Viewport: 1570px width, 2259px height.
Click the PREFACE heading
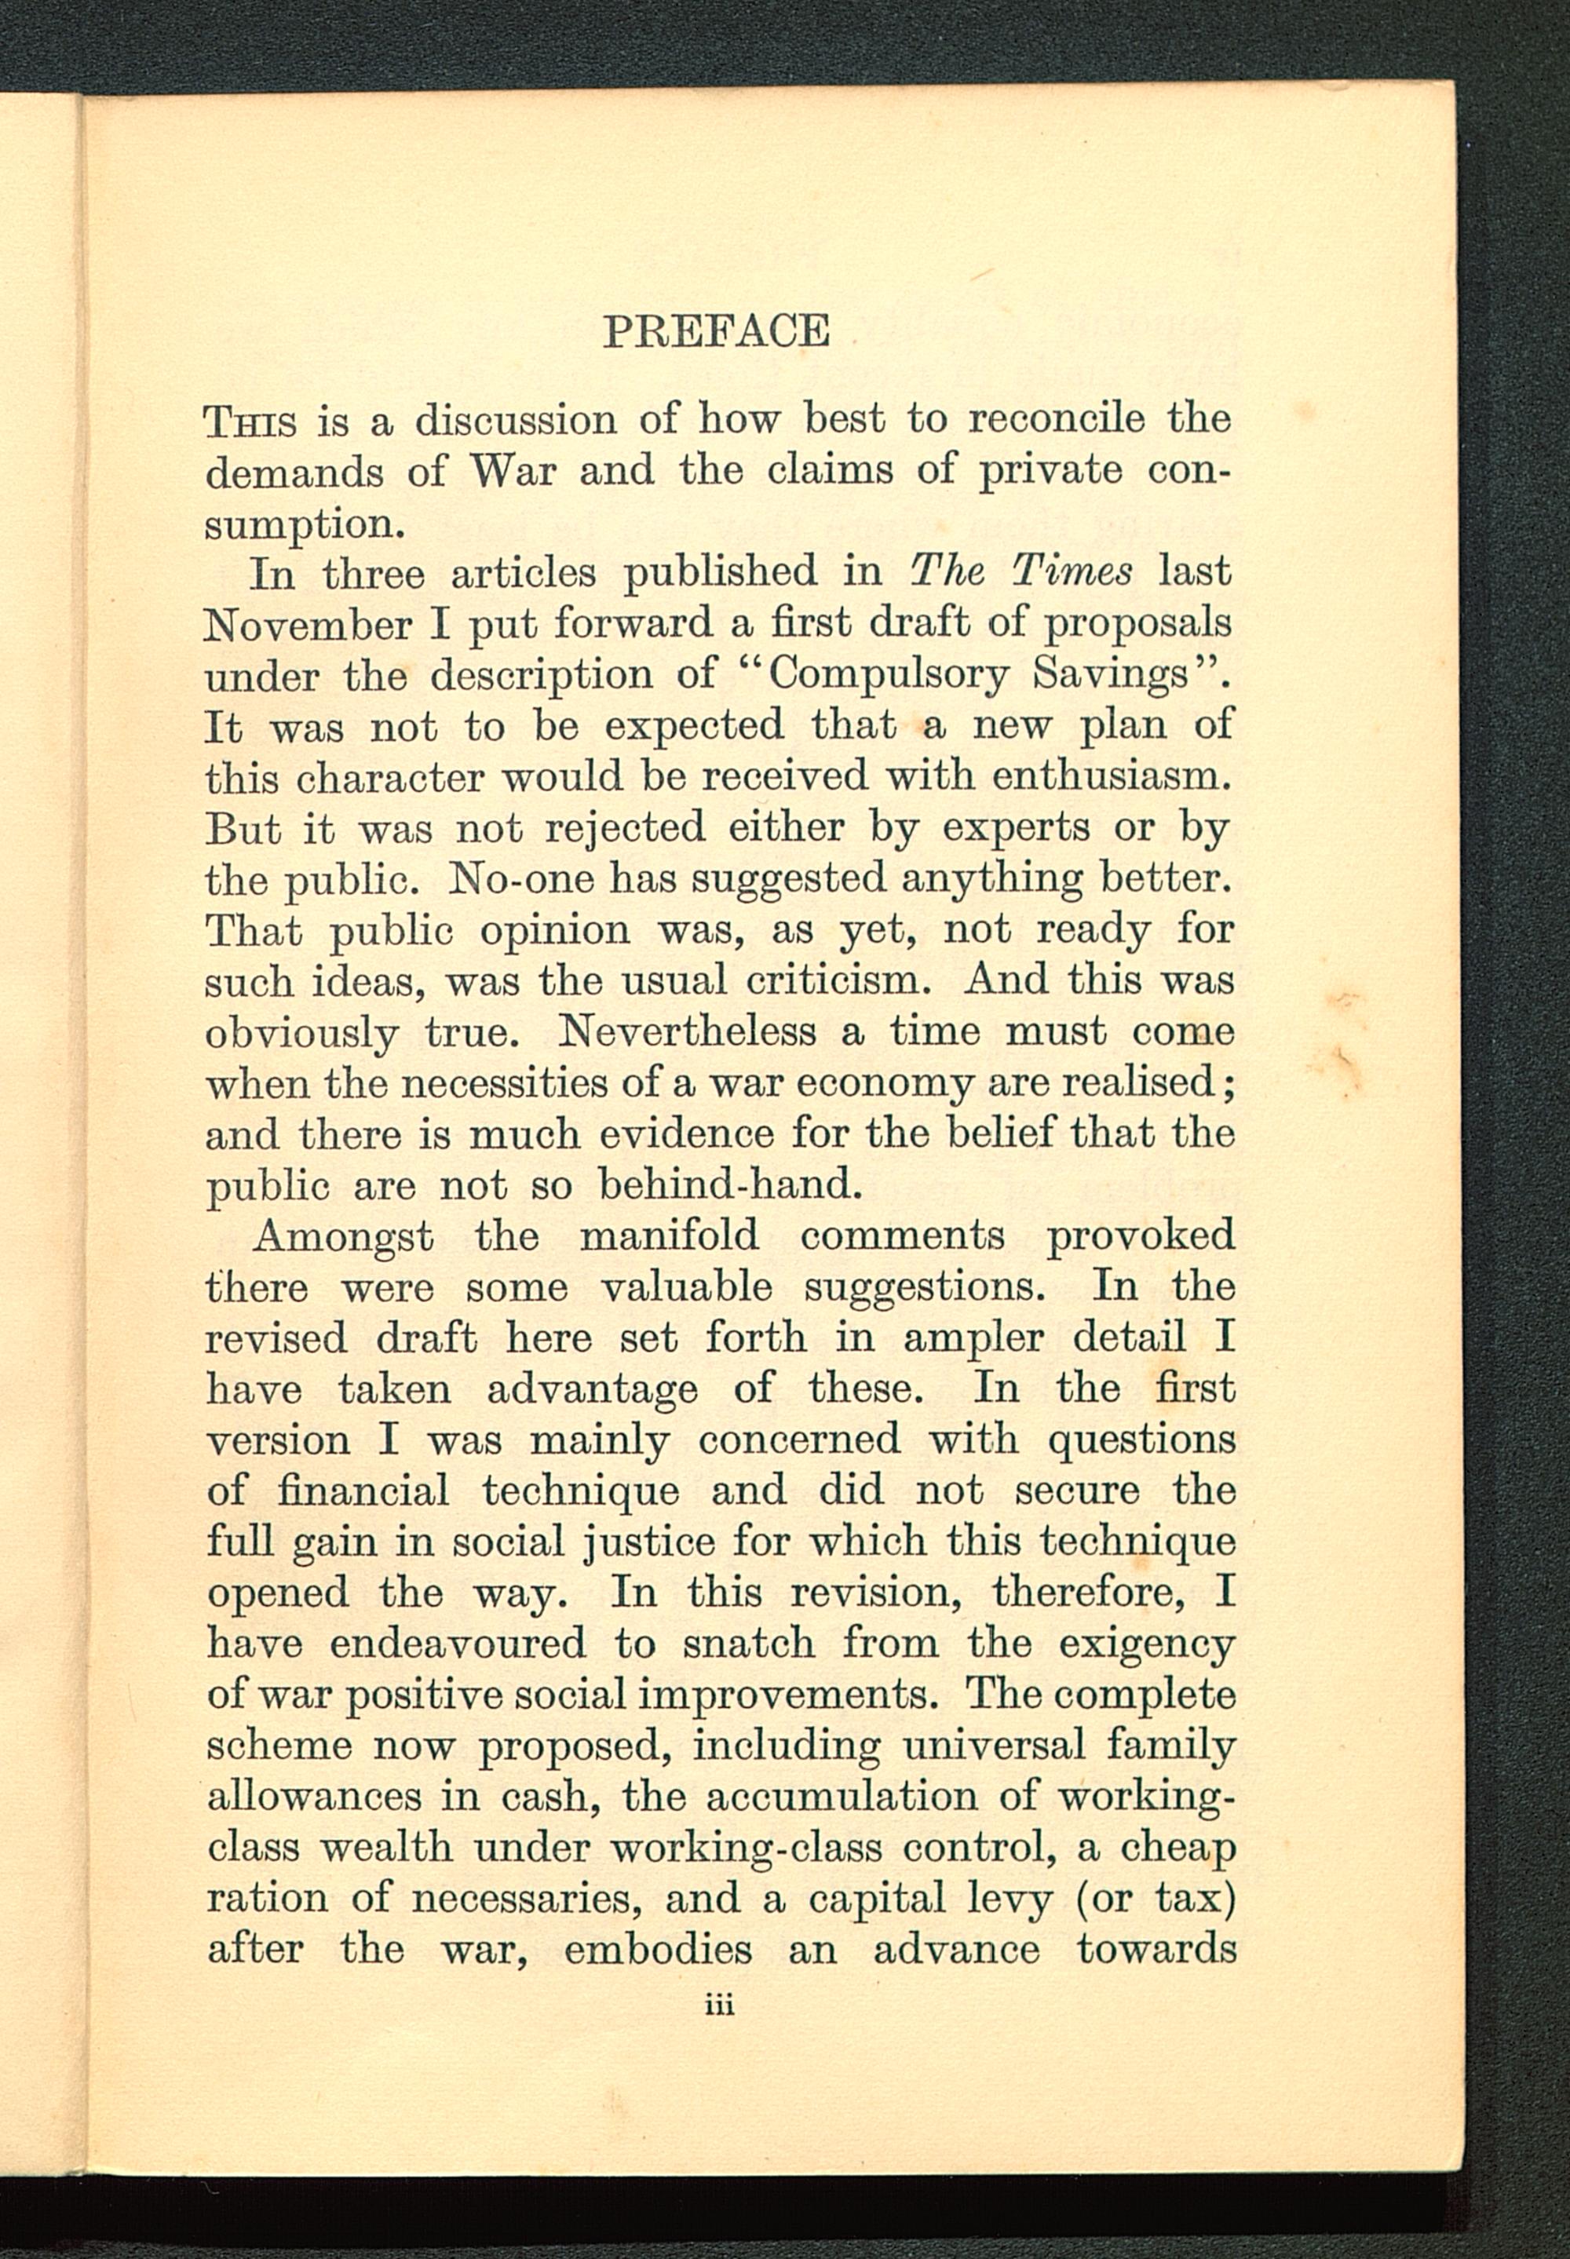(715, 331)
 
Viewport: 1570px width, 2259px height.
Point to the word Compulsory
(889, 675)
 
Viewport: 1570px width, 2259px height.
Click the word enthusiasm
(1112, 776)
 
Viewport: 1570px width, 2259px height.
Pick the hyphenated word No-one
(518, 878)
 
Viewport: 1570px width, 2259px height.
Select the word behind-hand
(730, 1185)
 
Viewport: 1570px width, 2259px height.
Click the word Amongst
(342, 1236)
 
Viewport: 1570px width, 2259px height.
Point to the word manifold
(669, 1236)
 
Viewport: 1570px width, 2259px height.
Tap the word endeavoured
(458, 1644)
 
